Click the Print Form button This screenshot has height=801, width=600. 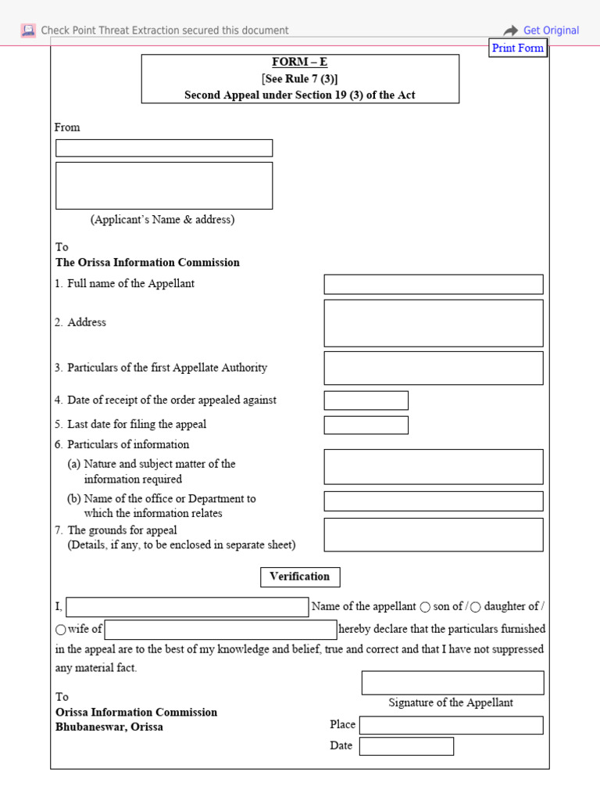tap(517, 48)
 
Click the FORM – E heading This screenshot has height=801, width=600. tap(300, 62)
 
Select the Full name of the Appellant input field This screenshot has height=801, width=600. tap(433, 284)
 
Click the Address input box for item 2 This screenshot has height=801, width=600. tap(433, 322)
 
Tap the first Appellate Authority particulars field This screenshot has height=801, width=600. tap(433, 368)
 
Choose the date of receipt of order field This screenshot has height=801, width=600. tap(366, 400)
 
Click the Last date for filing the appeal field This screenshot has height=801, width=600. tap(366, 425)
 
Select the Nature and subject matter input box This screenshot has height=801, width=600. tap(433, 466)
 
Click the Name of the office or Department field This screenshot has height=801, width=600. tap(433, 501)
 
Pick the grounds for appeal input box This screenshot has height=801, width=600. tap(433, 534)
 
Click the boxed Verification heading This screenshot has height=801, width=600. tap(300, 577)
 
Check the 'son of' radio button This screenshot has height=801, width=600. tap(425, 607)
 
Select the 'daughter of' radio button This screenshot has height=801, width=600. tap(476, 607)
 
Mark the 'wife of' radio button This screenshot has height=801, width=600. tap(61, 630)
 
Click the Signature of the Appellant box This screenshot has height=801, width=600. tap(452, 682)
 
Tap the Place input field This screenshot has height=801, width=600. tap(451, 725)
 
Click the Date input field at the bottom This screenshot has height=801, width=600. tap(406, 746)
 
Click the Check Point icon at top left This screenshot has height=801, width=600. tap(28, 31)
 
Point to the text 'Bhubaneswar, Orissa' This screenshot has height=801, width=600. tap(109, 727)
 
